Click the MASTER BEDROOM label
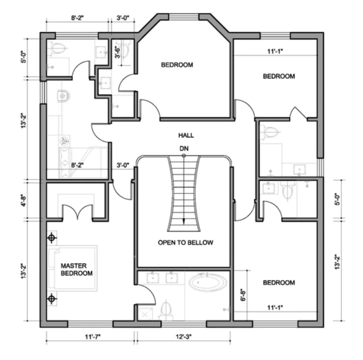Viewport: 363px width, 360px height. tap(77, 269)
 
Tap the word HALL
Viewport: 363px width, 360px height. tap(186, 136)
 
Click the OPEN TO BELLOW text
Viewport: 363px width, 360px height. tap(185, 243)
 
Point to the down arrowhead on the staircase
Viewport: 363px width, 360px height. tap(184, 221)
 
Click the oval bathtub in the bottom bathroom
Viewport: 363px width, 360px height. tap(208, 283)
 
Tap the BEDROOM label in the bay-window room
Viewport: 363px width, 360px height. tap(177, 65)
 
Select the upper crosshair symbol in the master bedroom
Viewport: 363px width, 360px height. tap(52, 238)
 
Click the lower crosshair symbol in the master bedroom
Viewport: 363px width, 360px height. tap(52, 299)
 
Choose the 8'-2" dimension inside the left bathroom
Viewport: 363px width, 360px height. tap(77, 166)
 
